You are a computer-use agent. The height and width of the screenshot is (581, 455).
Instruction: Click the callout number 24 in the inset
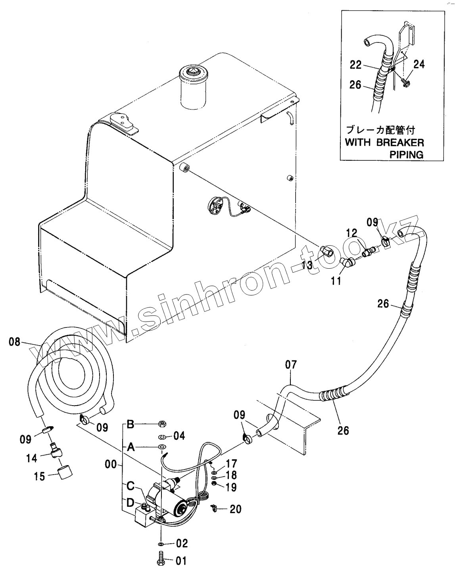click(x=419, y=63)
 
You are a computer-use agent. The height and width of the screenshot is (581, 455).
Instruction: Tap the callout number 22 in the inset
click(x=356, y=63)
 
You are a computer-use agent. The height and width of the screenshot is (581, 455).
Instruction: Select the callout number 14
click(x=31, y=458)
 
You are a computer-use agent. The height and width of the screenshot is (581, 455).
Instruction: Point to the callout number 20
click(x=236, y=509)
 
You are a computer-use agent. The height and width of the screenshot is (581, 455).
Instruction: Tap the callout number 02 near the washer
click(x=182, y=543)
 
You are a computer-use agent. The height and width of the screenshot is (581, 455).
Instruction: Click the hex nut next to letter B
click(x=162, y=424)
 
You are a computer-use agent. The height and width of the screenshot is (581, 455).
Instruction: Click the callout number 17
click(x=231, y=463)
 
